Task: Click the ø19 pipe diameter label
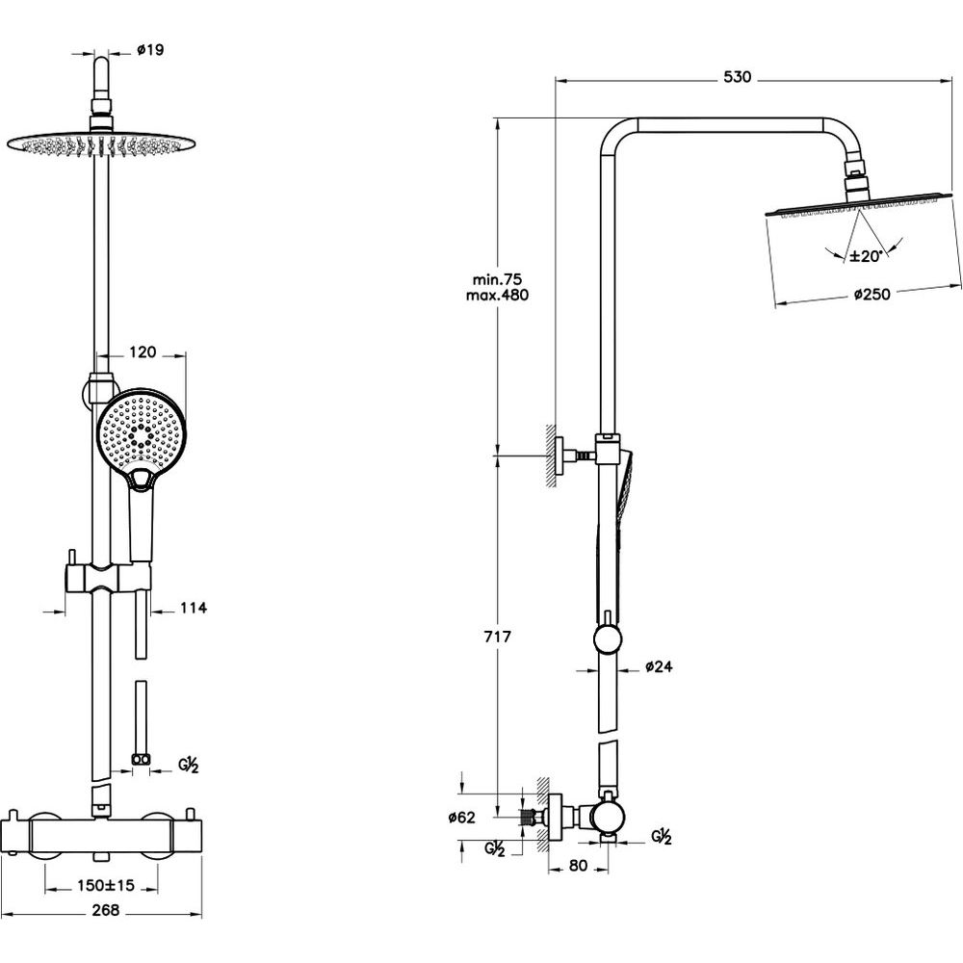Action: pyautogui.click(x=150, y=51)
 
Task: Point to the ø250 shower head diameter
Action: pyautogui.click(x=872, y=295)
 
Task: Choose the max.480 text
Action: pyautogui.click(x=497, y=295)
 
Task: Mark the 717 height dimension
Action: pyautogui.click(x=498, y=637)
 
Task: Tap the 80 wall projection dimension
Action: pyautogui.click(x=577, y=866)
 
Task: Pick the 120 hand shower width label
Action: pyautogui.click(x=143, y=352)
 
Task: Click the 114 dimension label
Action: pyautogui.click(x=194, y=608)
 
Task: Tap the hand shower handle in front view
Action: pyautogui.click(x=142, y=520)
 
